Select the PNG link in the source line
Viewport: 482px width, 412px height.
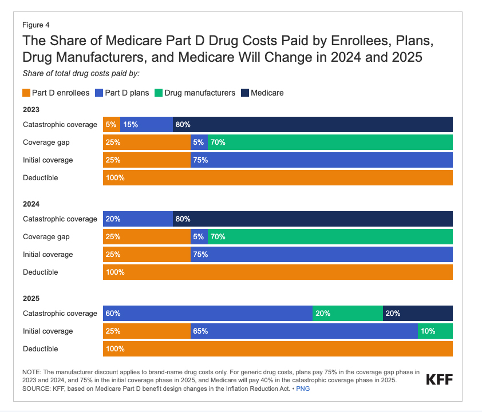click(303, 389)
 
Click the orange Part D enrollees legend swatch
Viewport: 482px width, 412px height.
click(26, 93)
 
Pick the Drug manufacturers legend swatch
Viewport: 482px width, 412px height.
click(159, 93)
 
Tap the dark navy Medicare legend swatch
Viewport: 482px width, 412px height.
click(246, 93)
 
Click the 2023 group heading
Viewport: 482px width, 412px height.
click(31, 109)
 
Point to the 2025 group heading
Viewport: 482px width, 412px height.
click(31, 298)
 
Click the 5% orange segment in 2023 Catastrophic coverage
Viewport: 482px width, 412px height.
click(112, 124)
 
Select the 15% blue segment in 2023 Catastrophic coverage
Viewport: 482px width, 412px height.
click(147, 124)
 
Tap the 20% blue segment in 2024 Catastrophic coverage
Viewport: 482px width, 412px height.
click(138, 219)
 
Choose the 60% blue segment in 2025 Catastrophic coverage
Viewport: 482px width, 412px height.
click(208, 313)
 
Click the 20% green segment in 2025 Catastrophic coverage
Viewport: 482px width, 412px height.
click(347, 313)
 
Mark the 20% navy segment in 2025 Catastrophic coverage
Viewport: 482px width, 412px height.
click(418, 313)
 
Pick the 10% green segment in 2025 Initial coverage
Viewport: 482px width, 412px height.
click(435, 331)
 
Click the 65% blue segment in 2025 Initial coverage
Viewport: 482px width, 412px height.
click(304, 331)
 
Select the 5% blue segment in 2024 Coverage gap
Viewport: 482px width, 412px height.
click(199, 236)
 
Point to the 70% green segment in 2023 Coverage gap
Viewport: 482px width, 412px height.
click(330, 142)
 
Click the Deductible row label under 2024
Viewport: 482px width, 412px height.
click(40, 272)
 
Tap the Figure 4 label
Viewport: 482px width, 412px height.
click(36, 25)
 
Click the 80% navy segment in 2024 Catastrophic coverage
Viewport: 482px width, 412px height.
click(313, 219)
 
